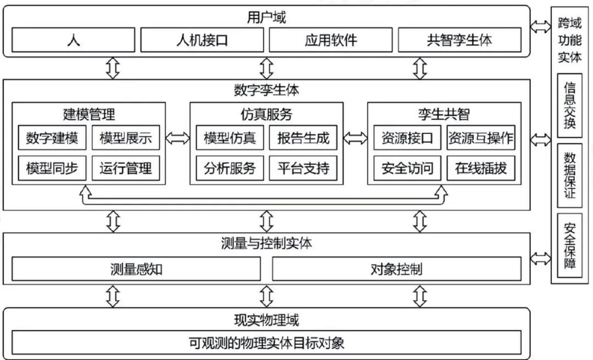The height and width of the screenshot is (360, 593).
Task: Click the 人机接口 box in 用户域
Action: coord(202,40)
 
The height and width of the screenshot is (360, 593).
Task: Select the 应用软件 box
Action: coord(331,40)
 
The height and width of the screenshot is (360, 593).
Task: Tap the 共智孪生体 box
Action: coord(459,40)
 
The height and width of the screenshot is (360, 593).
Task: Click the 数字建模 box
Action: coord(52,138)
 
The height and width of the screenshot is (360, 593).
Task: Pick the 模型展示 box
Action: coord(126,138)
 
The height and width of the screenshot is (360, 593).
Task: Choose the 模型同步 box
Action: coord(52,168)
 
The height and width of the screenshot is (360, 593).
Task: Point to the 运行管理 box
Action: coord(126,168)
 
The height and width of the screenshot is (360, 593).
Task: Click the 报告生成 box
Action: coord(303,138)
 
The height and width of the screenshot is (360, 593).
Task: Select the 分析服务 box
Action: coord(230,168)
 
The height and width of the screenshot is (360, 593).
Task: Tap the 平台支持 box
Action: coord(303,168)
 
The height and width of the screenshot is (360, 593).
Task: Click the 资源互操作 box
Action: coord(481,138)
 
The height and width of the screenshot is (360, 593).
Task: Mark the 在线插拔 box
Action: coord(481,168)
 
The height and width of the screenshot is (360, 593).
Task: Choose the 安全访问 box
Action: coord(407,168)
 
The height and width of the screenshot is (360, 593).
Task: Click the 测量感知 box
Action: coord(136,269)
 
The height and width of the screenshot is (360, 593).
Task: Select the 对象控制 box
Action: coord(396,269)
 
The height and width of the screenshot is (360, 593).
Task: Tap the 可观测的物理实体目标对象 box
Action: coord(266,343)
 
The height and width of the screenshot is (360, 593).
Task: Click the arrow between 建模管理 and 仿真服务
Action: coord(177,138)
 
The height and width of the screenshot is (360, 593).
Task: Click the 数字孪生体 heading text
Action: coord(266,88)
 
